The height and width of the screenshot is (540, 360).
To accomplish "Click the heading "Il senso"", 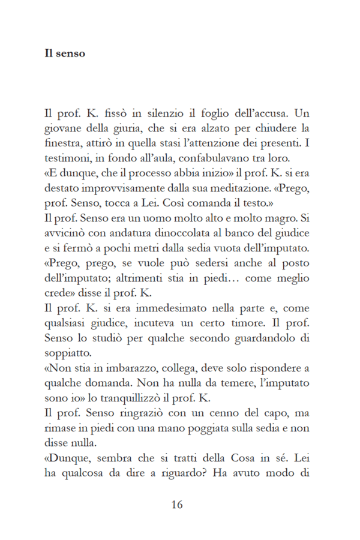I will (x=65, y=53).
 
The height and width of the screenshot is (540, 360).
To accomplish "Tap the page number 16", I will (x=176, y=504).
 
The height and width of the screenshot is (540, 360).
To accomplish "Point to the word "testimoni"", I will (x=65, y=159).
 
